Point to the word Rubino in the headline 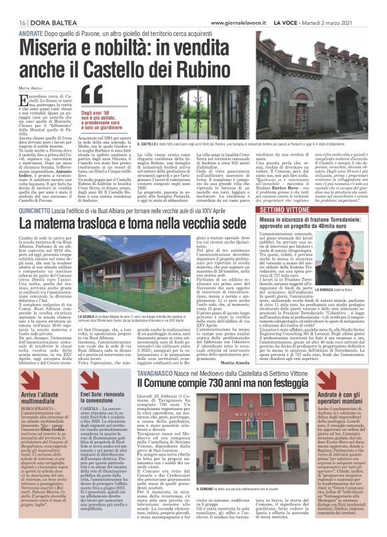click(x=179, y=67)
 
